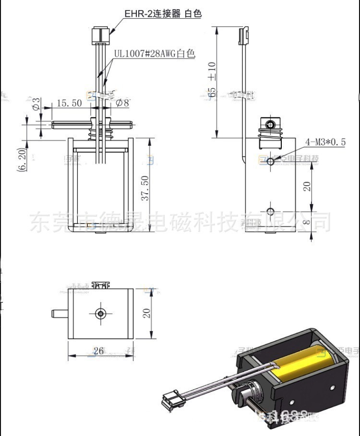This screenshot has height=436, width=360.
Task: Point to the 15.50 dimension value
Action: click(x=69, y=103)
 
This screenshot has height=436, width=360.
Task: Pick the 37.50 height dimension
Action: click(x=145, y=188)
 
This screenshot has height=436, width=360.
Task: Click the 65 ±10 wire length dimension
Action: click(x=212, y=80)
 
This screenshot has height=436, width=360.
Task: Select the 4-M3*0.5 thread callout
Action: click(x=325, y=142)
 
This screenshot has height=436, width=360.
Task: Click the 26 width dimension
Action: click(x=98, y=351)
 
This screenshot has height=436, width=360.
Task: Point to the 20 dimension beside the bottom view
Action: click(x=146, y=313)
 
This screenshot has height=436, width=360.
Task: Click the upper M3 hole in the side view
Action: click(x=271, y=161)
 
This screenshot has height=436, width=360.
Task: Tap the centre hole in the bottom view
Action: click(x=101, y=314)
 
